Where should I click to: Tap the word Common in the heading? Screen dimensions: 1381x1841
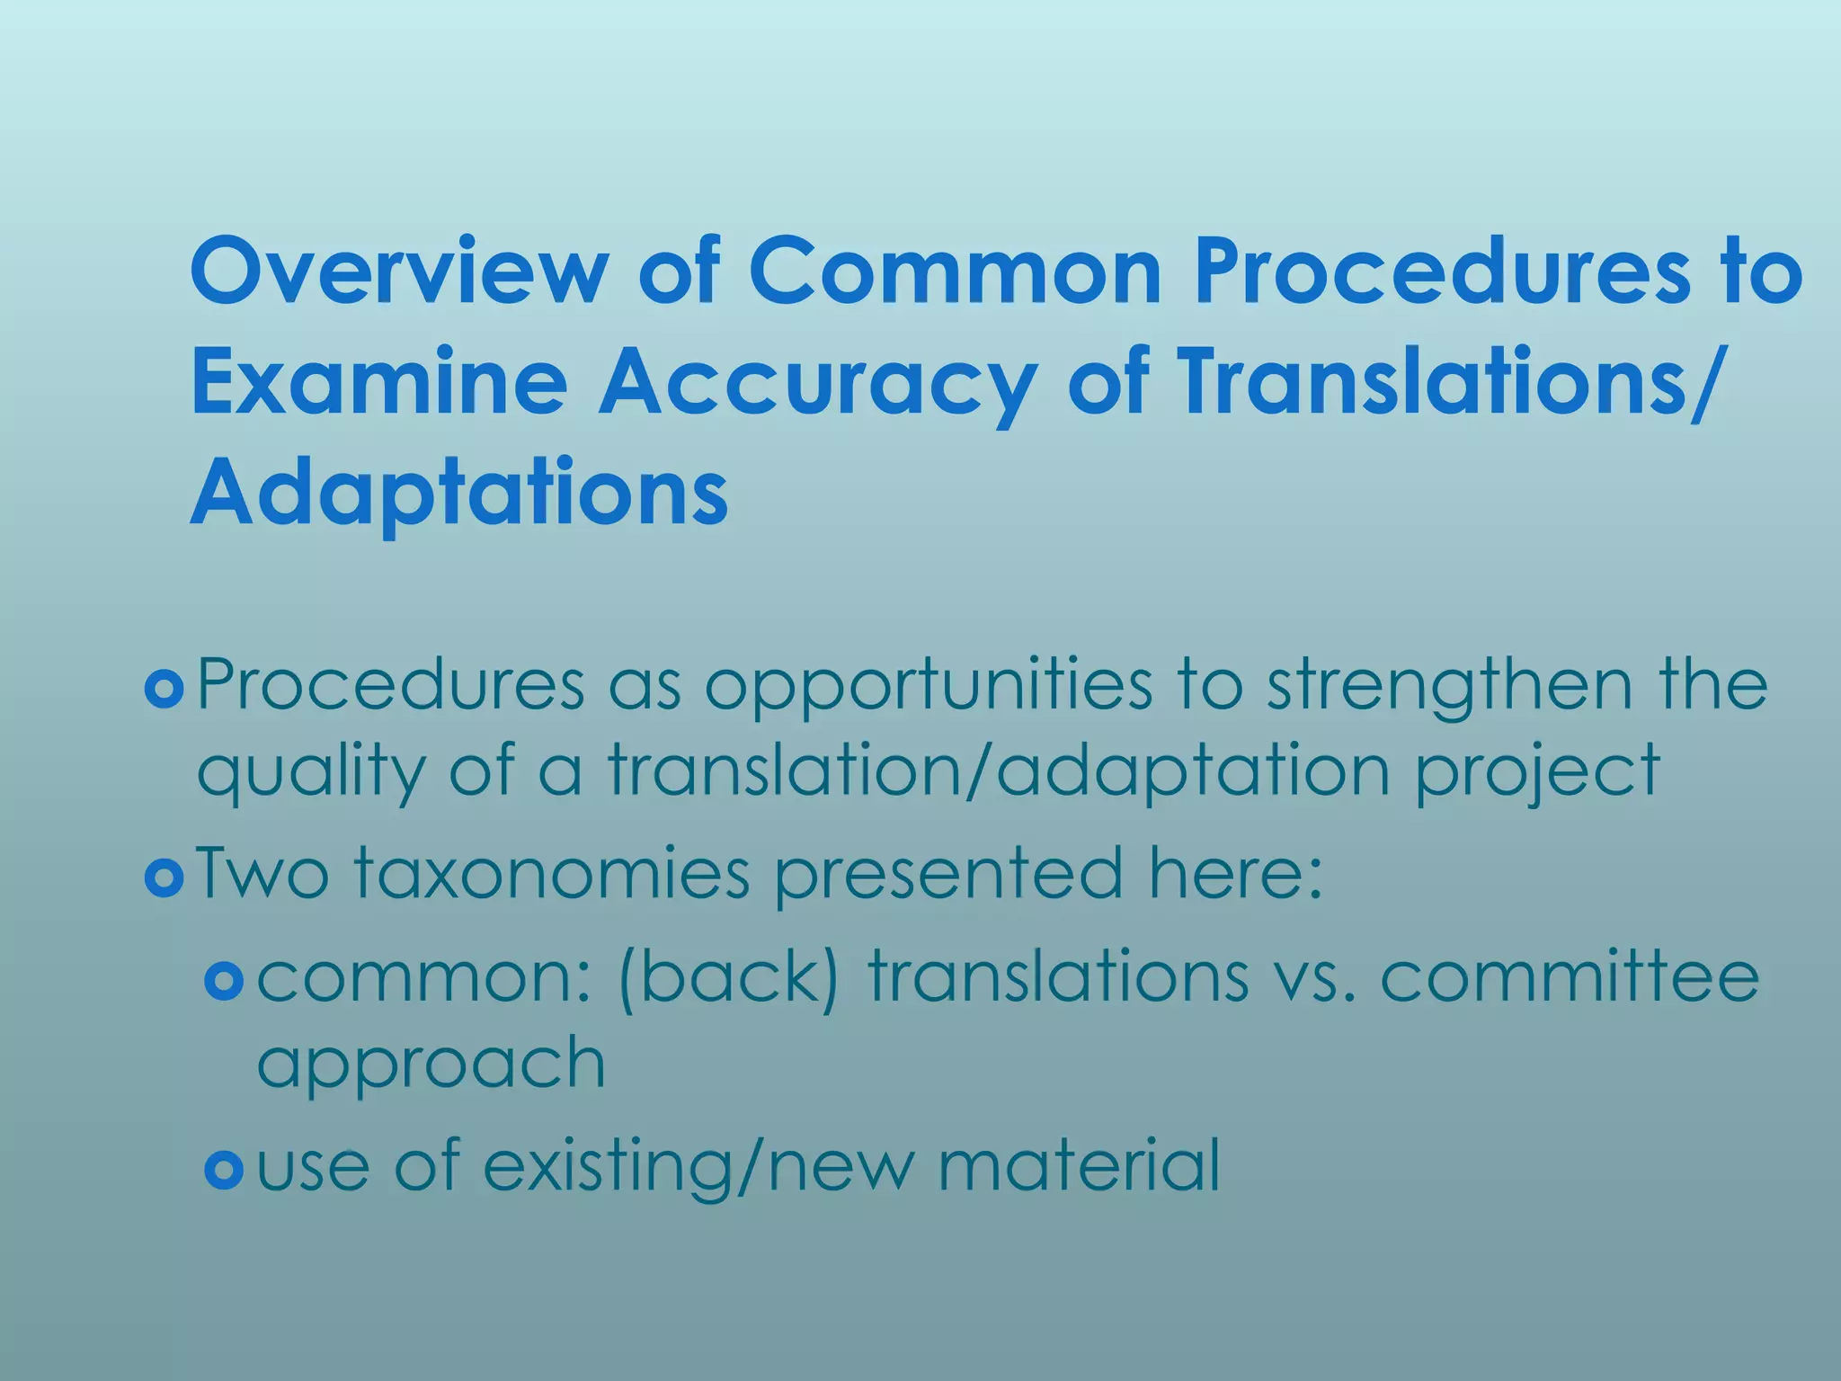tap(954, 271)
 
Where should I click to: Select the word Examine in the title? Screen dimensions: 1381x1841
tap(378, 382)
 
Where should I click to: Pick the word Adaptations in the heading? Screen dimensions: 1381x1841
tap(458, 495)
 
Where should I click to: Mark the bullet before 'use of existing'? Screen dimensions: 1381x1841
tap(224, 1170)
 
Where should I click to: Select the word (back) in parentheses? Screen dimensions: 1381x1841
tap(729, 977)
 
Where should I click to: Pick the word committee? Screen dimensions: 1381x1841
tap(1569, 977)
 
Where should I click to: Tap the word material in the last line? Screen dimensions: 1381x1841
tap(1079, 1166)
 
